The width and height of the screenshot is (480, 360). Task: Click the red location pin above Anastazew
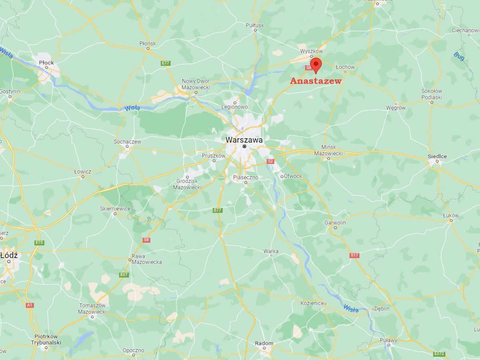(316, 64)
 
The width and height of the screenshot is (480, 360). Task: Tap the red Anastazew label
(316, 81)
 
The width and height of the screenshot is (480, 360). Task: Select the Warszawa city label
(244, 140)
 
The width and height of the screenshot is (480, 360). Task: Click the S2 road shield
(270, 161)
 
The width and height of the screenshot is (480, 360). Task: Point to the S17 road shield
(354, 255)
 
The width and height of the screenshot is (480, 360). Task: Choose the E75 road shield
(39, 243)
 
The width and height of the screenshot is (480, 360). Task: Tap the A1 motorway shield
(30, 305)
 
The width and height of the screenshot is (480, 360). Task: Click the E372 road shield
(440, 354)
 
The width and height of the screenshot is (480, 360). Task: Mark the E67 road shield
(124, 275)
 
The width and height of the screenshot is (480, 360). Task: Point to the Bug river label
(459, 56)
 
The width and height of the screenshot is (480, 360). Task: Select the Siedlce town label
(437, 156)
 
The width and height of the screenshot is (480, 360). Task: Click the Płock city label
(46, 62)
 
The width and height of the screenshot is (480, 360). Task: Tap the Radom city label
(264, 343)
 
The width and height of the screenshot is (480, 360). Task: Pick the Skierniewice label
(115, 208)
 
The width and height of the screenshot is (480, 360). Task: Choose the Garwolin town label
(335, 222)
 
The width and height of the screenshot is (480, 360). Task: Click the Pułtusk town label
(255, 25)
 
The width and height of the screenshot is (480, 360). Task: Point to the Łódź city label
(9, 255)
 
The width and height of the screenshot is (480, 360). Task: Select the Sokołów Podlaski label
(432, 94)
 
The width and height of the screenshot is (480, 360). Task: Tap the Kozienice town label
(312, 303)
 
